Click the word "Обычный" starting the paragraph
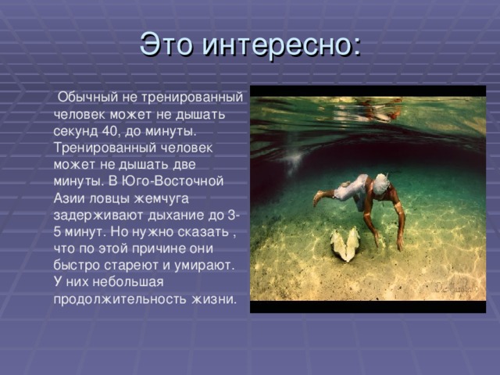85,97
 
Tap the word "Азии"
70,198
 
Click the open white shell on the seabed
345,245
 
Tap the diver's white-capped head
380,184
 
